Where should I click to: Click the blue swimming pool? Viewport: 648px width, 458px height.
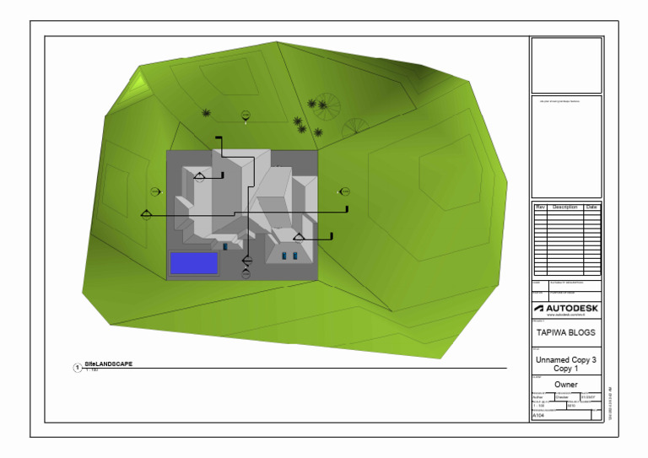pyautogui.click(x=194, y=263)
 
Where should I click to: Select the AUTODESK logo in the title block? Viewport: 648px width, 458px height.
pyautogui.click(x=566, y=309)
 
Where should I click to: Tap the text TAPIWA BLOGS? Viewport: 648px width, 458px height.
pyautogui.click(x=566, y=332)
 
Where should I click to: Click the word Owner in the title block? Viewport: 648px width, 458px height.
pyautogui.click(x=566, y=385)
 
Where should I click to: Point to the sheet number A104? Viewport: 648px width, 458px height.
pyautogui.click(x=540, y=416)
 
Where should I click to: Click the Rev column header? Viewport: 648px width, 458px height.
pyautogui.click(x=540, y=207)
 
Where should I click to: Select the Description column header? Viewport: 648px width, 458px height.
pyautogui.click(x=565, y=207)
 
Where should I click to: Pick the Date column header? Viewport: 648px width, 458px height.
pyautogui.click(x=591, y=207)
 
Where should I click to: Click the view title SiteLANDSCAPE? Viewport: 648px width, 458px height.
pyautogui.click(x=109, y=364)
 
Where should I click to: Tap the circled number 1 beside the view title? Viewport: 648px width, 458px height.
pyautogui.click(x=78, y=368)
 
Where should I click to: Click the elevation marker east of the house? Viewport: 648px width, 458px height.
pyautogui.click(x=343, y=191)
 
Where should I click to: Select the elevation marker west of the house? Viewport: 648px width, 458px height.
pyautogui.click(x=155, y=191)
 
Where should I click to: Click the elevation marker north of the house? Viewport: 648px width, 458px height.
pyautogui.click(x=246, y=115)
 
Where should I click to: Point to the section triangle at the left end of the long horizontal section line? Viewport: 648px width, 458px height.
pyautogui.click(x=146, y=213)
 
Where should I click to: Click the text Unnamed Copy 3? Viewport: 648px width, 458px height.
pyautogui.click(x=566, y=359)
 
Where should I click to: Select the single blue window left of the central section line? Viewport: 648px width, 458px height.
pyautogui.click(x=224, y=247)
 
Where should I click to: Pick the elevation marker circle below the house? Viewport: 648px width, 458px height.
pyautogui.click(x=246, y=273)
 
